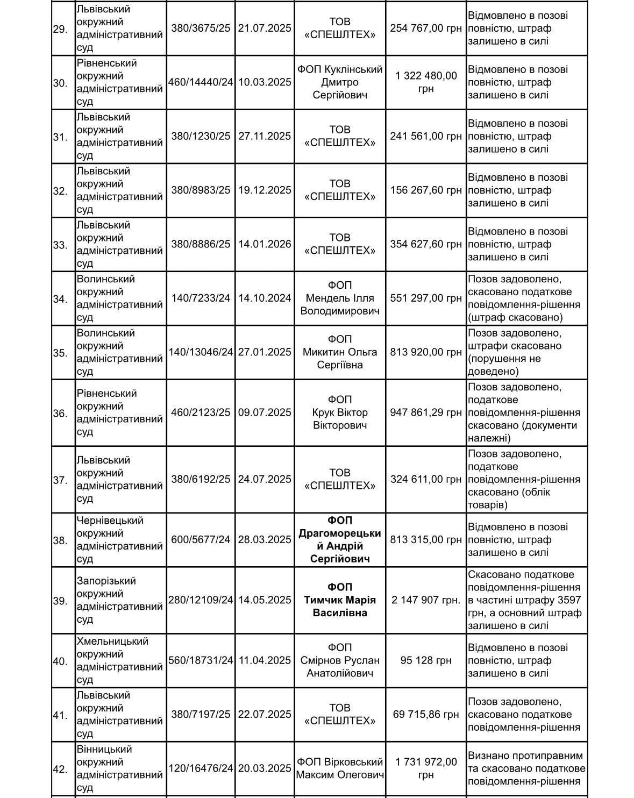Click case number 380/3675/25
coord(201,28)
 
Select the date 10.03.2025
coord(265,82)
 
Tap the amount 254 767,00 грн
coord(426,28)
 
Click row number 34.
coord(60,298)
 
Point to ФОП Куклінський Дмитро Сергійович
coord(340,82)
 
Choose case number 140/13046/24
coord(201,352)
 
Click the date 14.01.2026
coord(265,244)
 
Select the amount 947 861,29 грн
coord(426,412)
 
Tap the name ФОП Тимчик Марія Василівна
coord(340,600)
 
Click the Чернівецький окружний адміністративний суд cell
coord(119,540)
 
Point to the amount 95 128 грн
coord(426,660)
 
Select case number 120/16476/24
coord(201,768)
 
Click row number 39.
coord(60,601)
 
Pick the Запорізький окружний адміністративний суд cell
coord(119,600)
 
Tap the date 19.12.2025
coord(265,190)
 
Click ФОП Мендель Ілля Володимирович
coord(340,298)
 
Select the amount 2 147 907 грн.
coord(426,600)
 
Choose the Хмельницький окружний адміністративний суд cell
coord(119,660)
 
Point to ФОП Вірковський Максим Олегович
coord(340,768)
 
